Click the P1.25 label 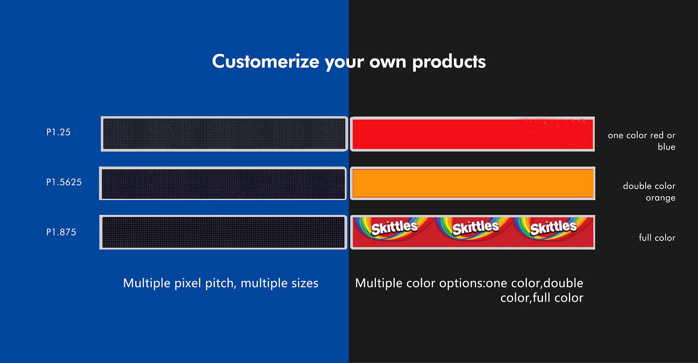pos(58,132)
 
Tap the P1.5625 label pos(64,182)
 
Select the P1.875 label pos(61,232)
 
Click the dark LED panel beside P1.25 pos(224,134)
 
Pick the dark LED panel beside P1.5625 pos(223,183)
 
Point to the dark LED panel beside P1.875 pos(223,232)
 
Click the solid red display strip pos(472,134)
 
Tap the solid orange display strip pos(473,183)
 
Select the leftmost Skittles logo pos(394,228)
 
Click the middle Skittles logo pos(476,228)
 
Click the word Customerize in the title pos(266,61)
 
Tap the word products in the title pos(449,62)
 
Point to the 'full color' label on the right pos(657,238)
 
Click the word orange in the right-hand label pos(661,198)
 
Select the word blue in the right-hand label pos(666,147)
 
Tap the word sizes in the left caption pos(305,283)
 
